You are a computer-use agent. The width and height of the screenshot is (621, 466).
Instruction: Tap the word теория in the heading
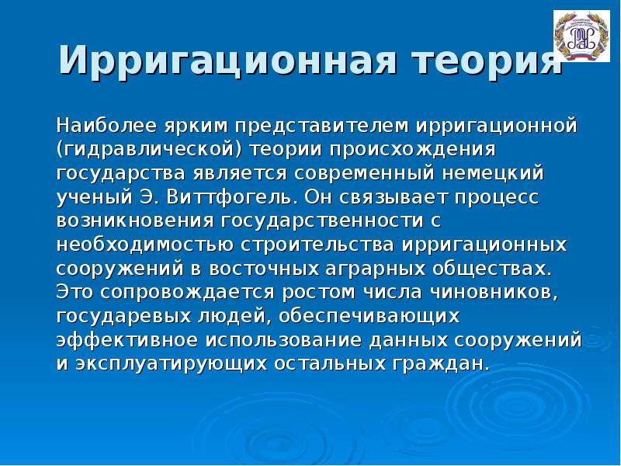pyautogui.click(x=487, y=61)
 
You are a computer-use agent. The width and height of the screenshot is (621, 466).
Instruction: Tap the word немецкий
pyautogui.click(x=493, y=174)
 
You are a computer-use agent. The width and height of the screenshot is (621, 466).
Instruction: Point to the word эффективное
pyautogui.click(x=127, y=340)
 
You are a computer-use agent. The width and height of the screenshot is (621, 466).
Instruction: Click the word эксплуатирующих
pyautogui.click(x=171, y=364)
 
